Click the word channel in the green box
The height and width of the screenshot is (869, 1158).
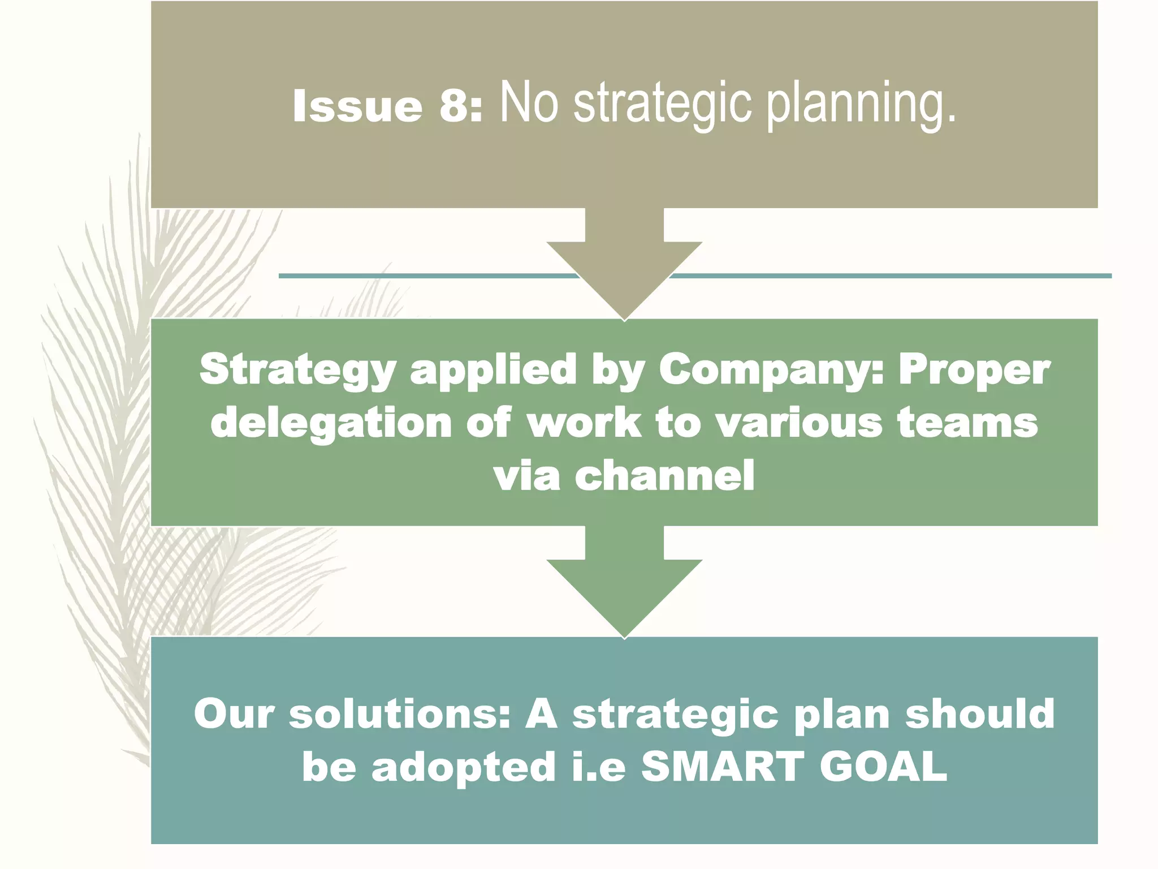point(664,475)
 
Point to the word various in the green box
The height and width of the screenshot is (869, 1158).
point(800,423)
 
